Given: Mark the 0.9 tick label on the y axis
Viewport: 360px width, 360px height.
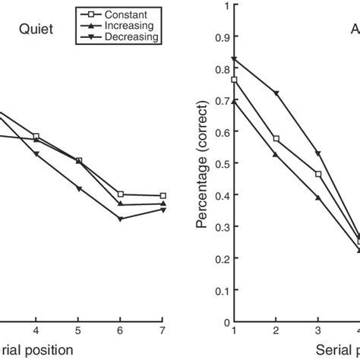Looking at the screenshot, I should click(222, 37).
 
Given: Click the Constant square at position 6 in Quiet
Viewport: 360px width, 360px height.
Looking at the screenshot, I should click(122, 194).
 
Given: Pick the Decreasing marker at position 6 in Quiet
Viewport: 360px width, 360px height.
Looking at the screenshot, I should click(122, 219).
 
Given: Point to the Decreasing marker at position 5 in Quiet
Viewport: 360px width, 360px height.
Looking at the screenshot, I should click(79, 188).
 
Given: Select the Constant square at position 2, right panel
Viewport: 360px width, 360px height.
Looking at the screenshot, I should click(276, 139).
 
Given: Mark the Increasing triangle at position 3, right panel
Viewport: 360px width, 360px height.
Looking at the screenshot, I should click(318, 198).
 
